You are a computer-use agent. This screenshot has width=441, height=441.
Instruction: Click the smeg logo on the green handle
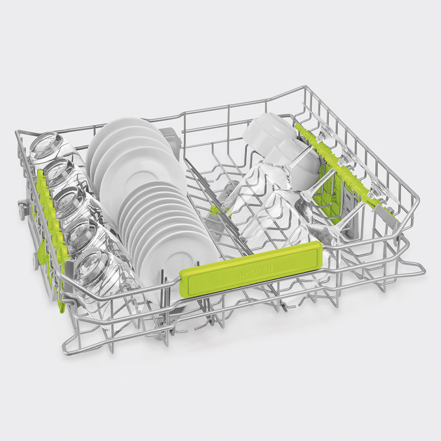[251, 272]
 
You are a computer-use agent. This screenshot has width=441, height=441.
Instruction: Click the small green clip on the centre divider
[214, 209]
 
